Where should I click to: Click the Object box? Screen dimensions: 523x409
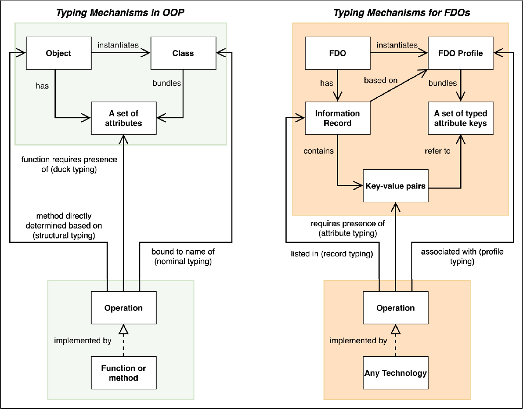(59, 53)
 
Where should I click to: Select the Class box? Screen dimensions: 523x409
(183, 53)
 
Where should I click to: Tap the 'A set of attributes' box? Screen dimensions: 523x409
(124, 118)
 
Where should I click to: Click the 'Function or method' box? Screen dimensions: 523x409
(124, 373)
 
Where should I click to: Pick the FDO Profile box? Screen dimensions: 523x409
(461, 53)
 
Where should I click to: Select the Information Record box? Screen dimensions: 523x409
(338, 118)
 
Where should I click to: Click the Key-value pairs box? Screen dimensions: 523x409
(396, 186)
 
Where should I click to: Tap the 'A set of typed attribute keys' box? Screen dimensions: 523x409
(461, 118)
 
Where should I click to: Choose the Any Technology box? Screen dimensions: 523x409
(396, 373)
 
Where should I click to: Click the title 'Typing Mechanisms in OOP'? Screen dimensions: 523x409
(120, 13)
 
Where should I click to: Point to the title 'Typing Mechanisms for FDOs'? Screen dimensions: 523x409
(401, 13)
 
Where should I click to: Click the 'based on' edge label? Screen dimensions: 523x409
(380, 80)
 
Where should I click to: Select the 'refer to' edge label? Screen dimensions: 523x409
(437, 151)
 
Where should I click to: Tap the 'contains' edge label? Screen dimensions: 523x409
(319, 151)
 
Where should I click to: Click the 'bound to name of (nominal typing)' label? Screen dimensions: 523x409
(183, 256)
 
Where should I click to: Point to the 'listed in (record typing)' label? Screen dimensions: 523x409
(332, 254)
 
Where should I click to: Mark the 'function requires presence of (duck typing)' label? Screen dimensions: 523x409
(69, 164)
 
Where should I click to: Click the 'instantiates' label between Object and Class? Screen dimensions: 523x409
(118, 45)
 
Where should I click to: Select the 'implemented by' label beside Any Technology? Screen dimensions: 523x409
(358, 341)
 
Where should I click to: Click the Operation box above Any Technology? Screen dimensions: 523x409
(396, 308)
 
